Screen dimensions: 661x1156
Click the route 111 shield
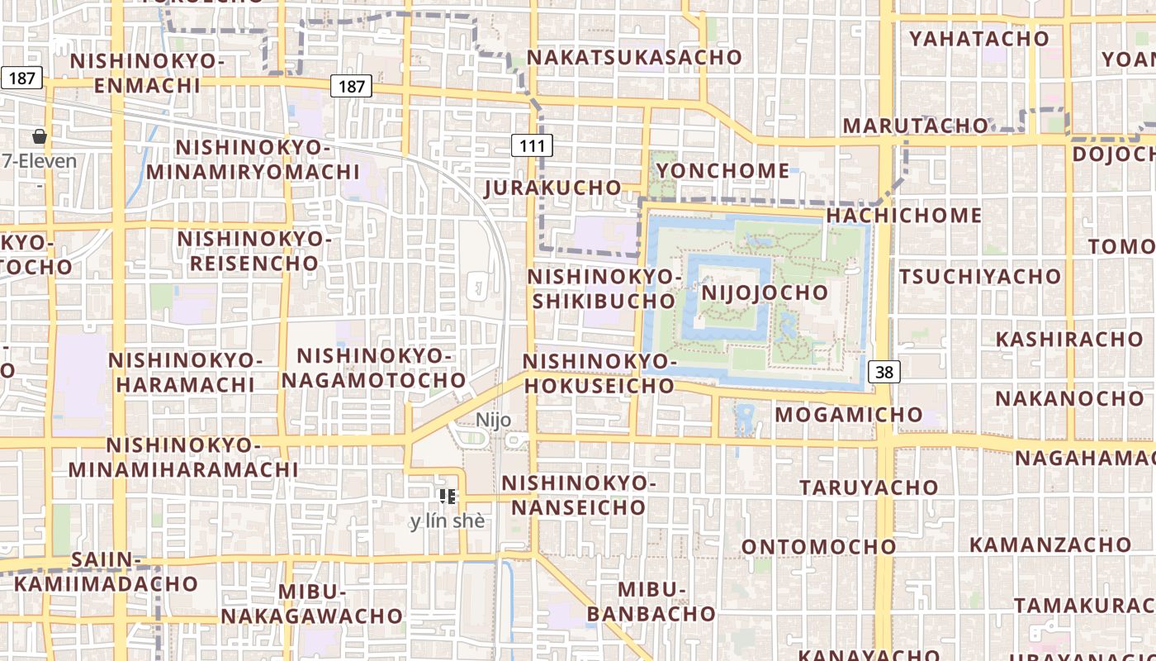click(532, 146)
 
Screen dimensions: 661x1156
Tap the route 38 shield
click(884, 372)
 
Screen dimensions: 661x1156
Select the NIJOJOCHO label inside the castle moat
click(764, 292)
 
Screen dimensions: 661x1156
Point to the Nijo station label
click(493, 420)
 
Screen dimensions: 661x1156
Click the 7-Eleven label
click(39, 161)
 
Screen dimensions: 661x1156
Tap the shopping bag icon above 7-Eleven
click(39, 136)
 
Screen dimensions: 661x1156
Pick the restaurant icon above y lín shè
click(447, 496)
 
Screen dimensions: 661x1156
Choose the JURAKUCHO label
click(552, 188)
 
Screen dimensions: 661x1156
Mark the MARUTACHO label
click(915, 126)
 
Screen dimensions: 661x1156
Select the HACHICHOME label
click(903, 216)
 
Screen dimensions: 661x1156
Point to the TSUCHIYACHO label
click(979, 276)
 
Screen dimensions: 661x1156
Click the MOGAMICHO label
click(848, 414)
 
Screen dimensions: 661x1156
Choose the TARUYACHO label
click(869, 487)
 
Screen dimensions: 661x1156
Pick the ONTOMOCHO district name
click(818, 547)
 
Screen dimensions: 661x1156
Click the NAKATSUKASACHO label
click(634, 57)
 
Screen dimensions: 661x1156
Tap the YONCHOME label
click(722, 171)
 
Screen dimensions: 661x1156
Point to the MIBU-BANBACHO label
click(651, 602)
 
